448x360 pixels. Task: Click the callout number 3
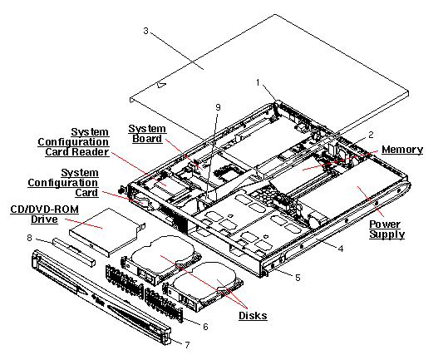click(x=145, y=31)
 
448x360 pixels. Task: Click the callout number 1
click(x=258, y=82)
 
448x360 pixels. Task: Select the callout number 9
click(x=219, y=106)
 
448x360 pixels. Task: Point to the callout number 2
click(x=371, y=134)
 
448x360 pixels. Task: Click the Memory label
click(x=401, y=150)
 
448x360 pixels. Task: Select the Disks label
click(x=252, y=316)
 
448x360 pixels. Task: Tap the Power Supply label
click(x=386, y=229)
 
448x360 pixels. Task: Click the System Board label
click(x=147, y=134)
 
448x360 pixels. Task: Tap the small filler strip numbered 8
click(x=71, y=247)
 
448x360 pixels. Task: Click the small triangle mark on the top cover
click(x=163, y=83)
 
